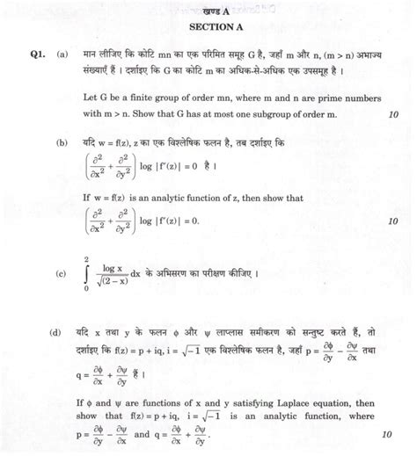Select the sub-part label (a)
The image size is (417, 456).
[x=63, y=54]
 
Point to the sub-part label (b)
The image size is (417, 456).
[x=63, y=141]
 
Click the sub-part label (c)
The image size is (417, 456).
[x=63, y=274]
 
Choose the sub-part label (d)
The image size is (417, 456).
[x=63, y=335]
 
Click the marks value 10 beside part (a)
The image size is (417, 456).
[x=391, y=114]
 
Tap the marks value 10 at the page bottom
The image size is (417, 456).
[x=388, y=434]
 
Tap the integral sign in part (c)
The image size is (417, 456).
[x=87, y=273]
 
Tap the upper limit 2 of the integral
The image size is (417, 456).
[x=86, y=257]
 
